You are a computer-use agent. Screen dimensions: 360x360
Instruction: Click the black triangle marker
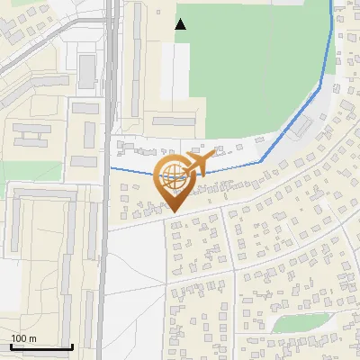[180, 24]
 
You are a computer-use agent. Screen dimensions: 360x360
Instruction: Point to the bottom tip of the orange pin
[175, 212]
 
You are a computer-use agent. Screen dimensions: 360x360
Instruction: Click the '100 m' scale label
[23, 338]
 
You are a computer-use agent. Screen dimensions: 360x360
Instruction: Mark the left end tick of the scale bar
[10, 346]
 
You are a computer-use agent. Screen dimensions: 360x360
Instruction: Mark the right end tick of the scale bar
[73, 346]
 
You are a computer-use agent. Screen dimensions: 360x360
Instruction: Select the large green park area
[252, 63]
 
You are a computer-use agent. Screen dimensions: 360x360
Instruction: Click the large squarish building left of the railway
[86, 70]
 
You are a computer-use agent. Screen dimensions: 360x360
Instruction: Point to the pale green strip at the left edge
[27, 171]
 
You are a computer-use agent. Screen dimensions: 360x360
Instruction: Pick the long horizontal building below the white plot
[173, 120]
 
